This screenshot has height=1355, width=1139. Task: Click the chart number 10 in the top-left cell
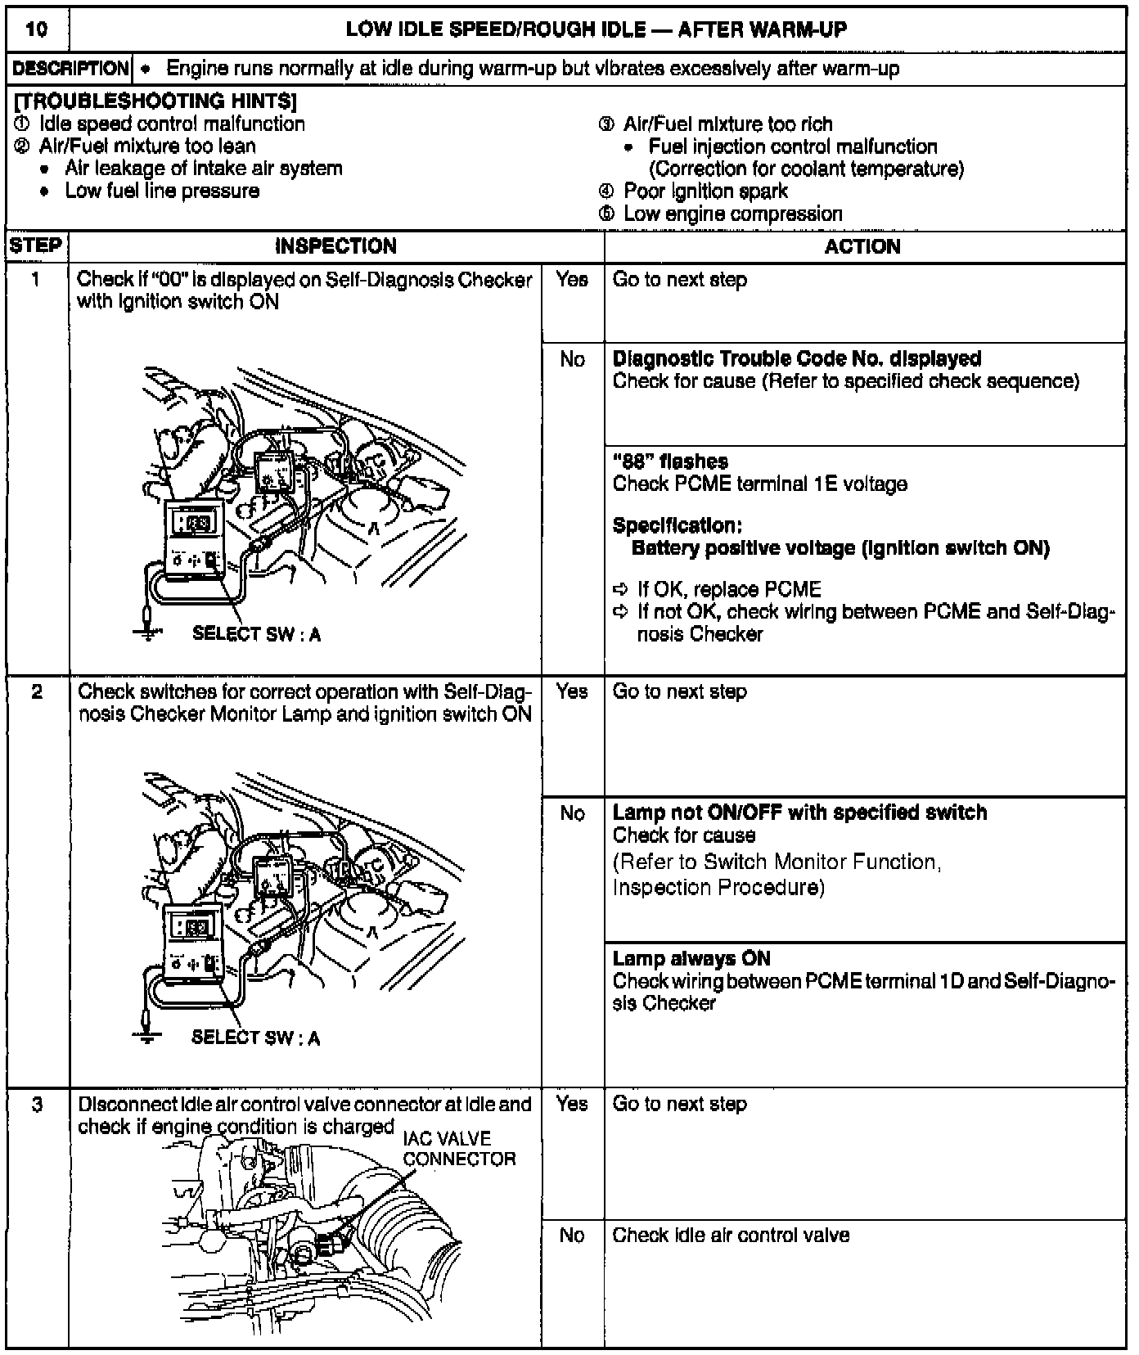(x=37, y=30)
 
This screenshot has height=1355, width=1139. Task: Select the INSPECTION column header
(x=335, y=246)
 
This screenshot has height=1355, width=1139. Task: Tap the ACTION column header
(x=862, y=246)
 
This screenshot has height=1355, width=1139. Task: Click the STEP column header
(x=36, y=246)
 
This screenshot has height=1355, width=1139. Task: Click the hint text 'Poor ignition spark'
(x=705, y=191)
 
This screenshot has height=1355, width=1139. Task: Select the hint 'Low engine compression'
(x=732, y=214)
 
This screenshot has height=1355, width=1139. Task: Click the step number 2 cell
(x=37, y=692)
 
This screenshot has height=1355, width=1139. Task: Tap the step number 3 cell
(x=37, y=1105)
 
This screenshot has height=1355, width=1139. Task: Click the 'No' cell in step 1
(x=572, y=359)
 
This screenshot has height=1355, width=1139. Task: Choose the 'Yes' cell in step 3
(x=572, y=1104)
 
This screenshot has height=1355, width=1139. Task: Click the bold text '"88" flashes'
(x=670, y=461)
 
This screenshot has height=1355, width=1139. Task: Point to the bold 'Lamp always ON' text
(x=691, y=958)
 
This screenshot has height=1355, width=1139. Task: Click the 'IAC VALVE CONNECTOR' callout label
(x=458, y=1149)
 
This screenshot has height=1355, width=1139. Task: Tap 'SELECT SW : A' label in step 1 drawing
(x=256, y=634)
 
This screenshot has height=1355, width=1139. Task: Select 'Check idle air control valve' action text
(x=731, y=1235)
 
